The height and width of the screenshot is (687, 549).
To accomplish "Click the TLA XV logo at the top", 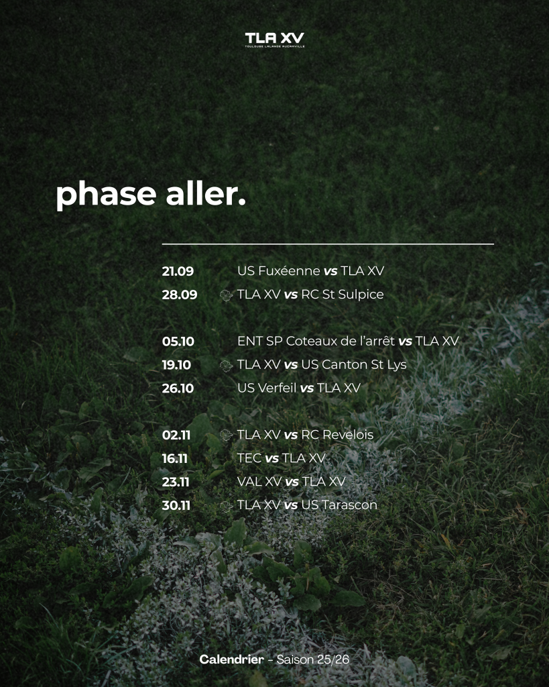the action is (x=275, y=40).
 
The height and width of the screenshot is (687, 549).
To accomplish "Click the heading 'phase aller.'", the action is (x=151, y=195).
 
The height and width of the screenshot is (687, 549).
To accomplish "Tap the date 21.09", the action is (x=178, y=271).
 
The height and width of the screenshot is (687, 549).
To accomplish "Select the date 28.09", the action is (x=180, y=295).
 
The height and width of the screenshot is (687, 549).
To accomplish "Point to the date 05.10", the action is (x=178, y=341).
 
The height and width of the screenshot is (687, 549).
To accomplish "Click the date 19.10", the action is (x=176, y=365).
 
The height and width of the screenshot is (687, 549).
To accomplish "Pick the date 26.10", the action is (x=178, y=388).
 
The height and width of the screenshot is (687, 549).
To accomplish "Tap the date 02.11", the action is (x=176, y=435).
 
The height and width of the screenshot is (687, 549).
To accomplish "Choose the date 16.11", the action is (x=175, y=459).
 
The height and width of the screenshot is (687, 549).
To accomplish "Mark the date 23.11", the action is (x=176, y=482).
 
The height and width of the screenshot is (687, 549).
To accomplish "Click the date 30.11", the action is (x=176, y=506).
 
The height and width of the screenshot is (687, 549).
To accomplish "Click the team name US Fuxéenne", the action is (x=279, y=271).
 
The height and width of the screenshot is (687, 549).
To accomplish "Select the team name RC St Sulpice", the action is (x=343, y=295).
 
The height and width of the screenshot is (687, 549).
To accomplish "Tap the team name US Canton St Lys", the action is (x=354, y=364).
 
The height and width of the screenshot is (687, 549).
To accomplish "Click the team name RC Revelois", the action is (x=338, y=435).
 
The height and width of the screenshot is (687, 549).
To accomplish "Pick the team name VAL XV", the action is (x=259, y=482).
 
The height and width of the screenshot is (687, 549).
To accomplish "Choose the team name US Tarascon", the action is (x=339, y=505).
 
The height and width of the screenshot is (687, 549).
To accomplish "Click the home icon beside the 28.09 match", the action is (x=226, y=296).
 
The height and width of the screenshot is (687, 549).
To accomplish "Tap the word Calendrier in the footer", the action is (x=231, y=659).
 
